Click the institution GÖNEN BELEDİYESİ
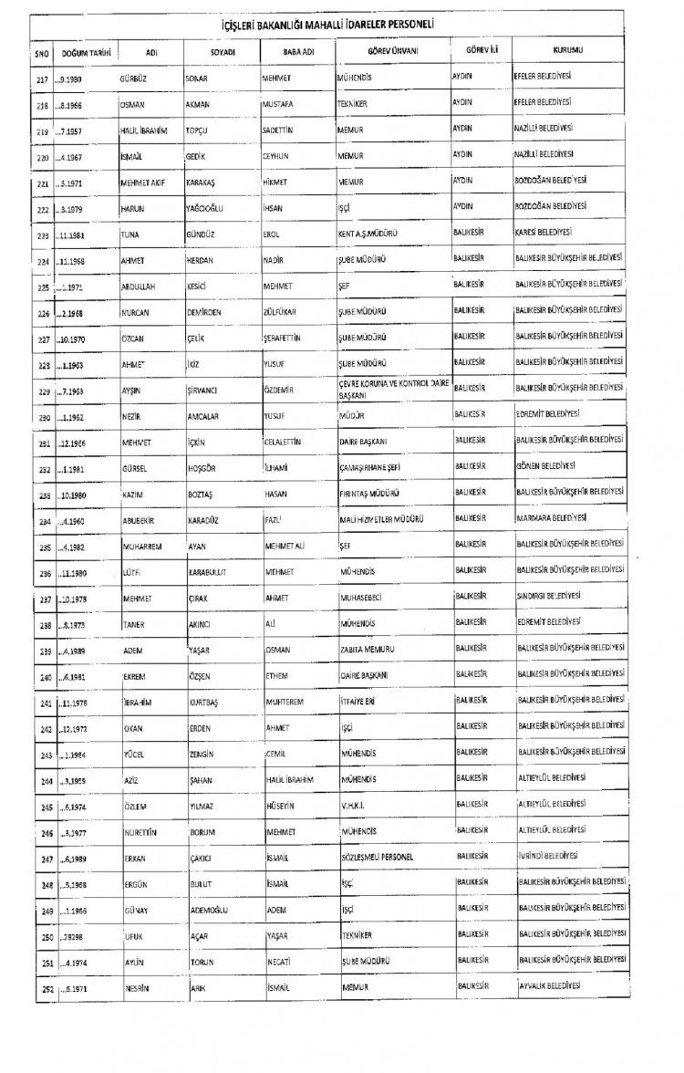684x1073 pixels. coord(550,466)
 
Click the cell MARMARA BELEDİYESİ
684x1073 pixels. coord(554,517)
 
